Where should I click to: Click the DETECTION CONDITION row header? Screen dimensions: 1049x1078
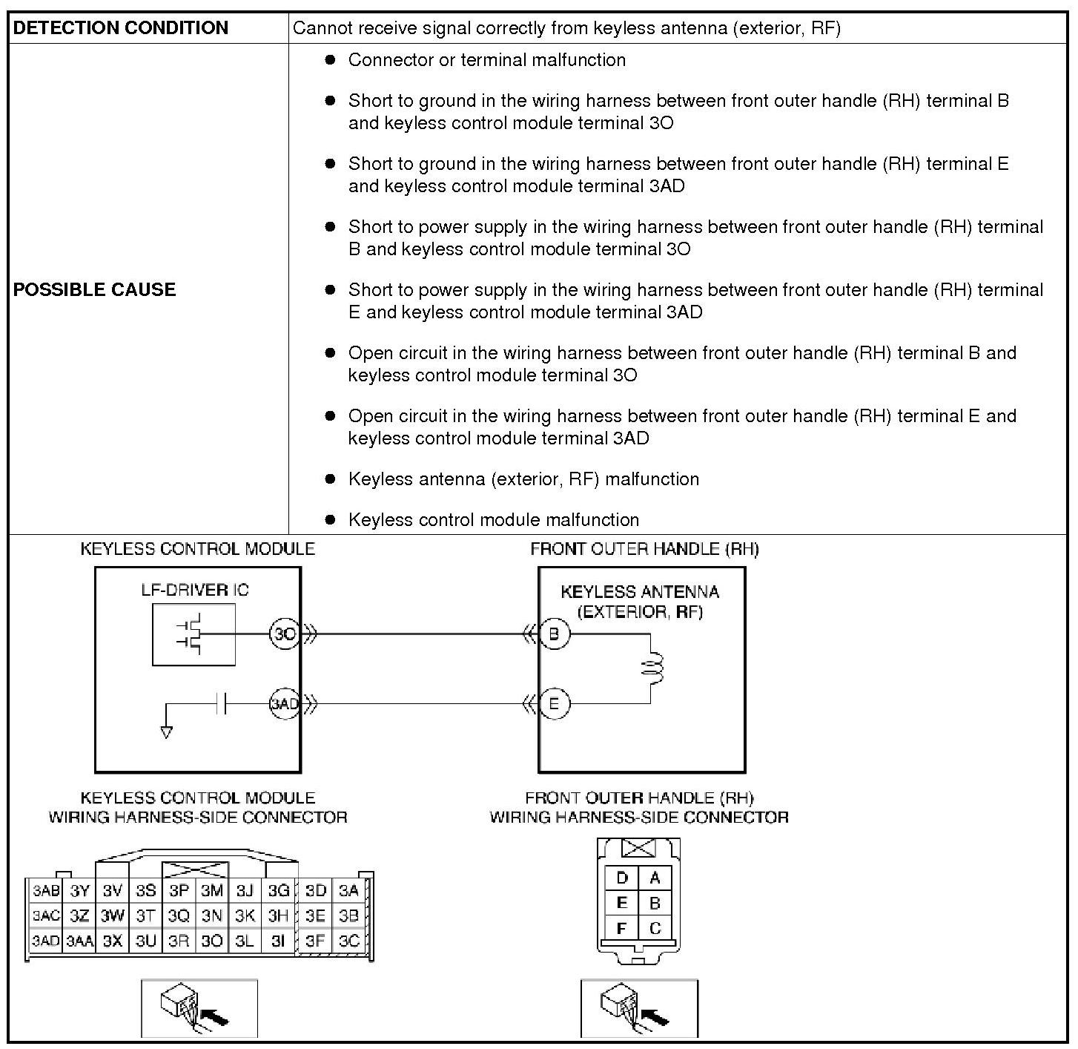tap(121, 28)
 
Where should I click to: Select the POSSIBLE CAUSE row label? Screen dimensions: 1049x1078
tap(95, 289)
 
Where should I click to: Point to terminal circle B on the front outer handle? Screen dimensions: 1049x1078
tap(554, 634)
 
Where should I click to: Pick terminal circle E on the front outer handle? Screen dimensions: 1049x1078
tap(554, 703)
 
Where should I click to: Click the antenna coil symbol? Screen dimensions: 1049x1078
tap(654, 668)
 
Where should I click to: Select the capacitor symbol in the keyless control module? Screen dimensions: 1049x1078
tap(221, 703)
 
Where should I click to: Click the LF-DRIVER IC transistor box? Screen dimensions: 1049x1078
tap(194, 634)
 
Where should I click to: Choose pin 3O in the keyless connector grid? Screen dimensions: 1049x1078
tap(212, 941)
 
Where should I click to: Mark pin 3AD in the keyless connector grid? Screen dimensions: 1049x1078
tap(45, 941)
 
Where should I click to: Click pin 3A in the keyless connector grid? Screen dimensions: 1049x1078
tap(348, 890)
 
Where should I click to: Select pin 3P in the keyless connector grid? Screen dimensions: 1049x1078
tap(179, 890)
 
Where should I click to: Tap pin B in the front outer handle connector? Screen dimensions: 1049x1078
tap(655, 903)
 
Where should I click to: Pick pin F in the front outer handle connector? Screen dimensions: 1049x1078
tap(622, 928)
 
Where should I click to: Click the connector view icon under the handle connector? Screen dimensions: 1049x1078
tap(639, 1008)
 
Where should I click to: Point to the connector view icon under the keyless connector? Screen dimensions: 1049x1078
tap(199, 1008)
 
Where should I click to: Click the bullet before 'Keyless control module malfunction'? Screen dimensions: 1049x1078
tap(331, 519)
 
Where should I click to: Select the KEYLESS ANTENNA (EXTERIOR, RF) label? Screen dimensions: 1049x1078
tap(640, 602)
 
